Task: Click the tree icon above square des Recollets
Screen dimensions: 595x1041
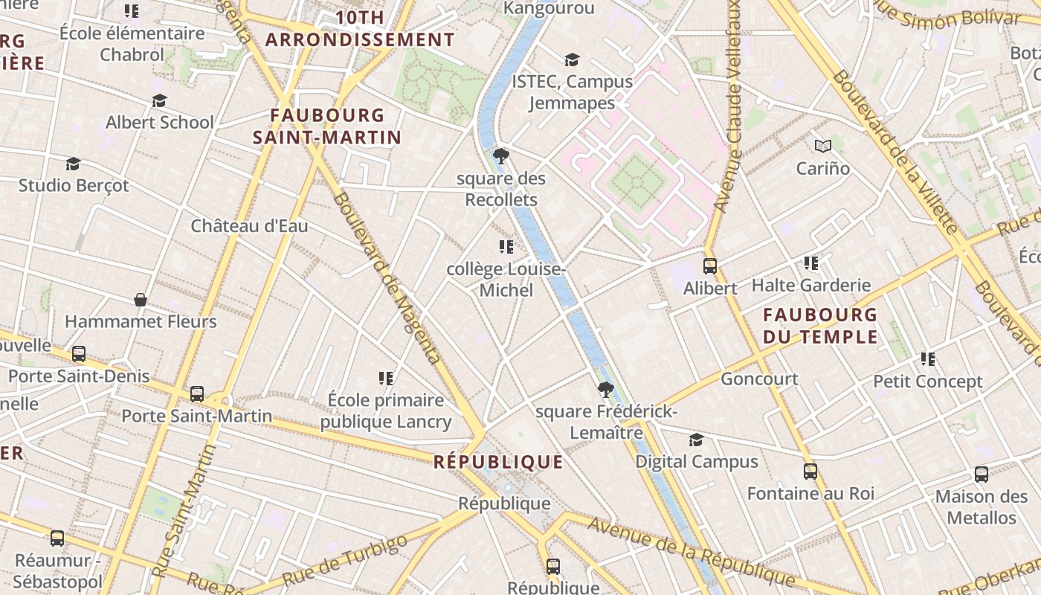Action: click(501, 156)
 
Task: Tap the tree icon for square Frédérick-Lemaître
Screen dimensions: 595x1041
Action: click(606, 389)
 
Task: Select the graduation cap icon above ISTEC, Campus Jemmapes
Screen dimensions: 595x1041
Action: click(571, 59)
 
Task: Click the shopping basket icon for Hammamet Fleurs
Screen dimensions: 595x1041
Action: click(141, 300)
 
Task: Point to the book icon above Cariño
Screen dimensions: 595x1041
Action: click(822, 146)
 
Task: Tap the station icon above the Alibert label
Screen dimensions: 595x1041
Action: click(710, 266)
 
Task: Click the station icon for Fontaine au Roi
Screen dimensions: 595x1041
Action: click(810, 471)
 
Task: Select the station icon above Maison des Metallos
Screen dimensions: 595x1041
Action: click(982, 474)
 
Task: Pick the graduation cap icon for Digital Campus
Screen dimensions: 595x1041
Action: click(696, 440)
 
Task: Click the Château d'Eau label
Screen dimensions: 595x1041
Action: click(249, 226)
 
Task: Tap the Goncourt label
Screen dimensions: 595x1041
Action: click(759, 379)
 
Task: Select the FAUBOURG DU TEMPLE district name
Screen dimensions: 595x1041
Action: click(820, 326)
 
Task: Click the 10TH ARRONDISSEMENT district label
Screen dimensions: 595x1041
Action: click(360, 28)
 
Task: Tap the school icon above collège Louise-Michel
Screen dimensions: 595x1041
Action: click(506, 247)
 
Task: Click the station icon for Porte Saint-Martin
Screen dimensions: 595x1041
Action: click(197, 394)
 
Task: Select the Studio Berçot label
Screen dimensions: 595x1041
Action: click(74, 185)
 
